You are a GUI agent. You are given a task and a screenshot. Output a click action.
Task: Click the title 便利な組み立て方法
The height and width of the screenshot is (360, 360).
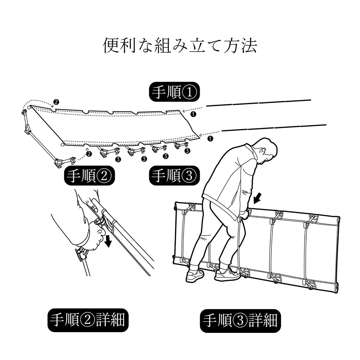(x=180, y=46)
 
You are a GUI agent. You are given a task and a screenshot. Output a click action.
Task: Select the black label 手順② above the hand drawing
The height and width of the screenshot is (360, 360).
(x=90, y=176)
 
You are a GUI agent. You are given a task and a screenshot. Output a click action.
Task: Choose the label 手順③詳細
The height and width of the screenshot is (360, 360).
(x=240, y=320)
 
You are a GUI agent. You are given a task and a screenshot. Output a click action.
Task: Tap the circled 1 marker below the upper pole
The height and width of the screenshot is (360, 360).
(x=194, y=114)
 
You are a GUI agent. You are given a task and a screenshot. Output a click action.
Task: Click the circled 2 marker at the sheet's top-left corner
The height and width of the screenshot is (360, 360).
(x=56, y=102)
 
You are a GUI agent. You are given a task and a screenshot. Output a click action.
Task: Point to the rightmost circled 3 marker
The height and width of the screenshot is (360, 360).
(x=187, y=150)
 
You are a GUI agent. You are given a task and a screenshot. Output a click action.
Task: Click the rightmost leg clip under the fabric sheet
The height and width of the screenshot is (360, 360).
(x=181, y=144)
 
